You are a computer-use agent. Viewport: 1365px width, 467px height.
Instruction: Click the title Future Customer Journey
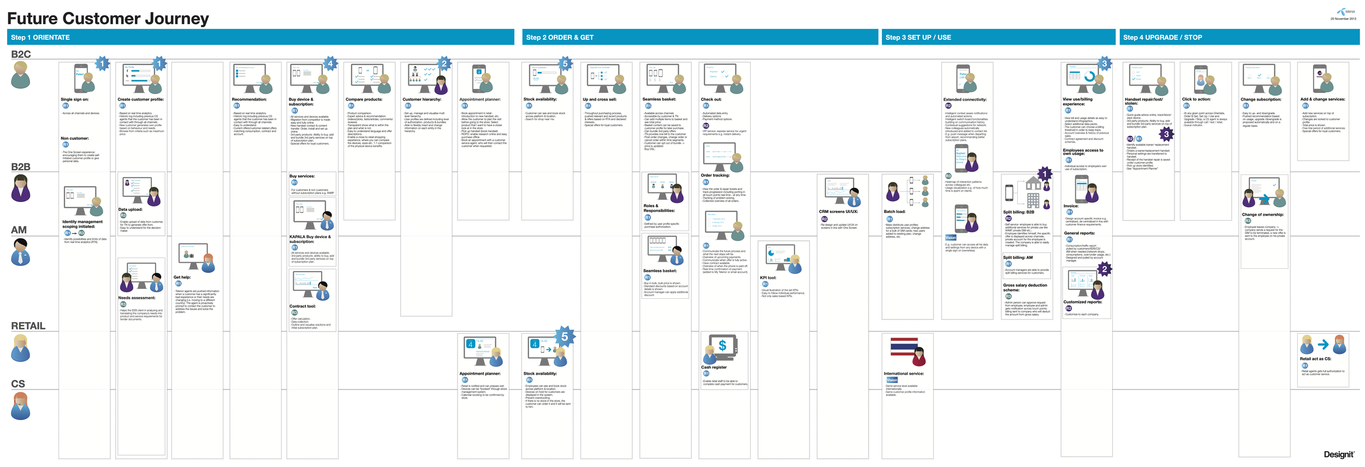point(108,19)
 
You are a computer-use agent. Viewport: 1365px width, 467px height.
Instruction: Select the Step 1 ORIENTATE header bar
point(260,37)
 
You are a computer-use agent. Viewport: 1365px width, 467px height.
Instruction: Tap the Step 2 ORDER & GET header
point(699,37)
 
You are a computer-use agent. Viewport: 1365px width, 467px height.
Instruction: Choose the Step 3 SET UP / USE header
point(998,37)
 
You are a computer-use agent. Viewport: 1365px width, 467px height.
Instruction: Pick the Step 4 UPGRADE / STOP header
point(1239,37)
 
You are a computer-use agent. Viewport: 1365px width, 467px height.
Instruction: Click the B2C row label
point(21,54)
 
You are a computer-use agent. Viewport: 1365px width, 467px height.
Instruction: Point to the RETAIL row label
point(28,326)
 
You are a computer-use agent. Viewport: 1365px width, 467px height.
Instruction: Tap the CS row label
point(18,384)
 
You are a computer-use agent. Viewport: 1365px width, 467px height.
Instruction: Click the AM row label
point(19,230)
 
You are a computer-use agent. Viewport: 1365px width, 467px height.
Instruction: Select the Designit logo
point(1339,454)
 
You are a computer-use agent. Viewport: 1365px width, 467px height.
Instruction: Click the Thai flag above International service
point(904,348)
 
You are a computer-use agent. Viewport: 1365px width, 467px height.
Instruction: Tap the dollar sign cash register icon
point(722,346)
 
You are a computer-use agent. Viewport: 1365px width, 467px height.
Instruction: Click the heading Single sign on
point(74,99)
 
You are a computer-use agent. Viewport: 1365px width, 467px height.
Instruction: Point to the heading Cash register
point(714,367)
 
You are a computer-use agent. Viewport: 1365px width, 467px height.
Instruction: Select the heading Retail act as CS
point(1315,359)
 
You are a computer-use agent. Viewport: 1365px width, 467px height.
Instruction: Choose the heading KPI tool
point(768,277)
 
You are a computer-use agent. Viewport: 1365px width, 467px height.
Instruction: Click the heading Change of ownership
point(1262,215)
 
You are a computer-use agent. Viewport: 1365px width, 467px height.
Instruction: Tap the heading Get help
point(182,277)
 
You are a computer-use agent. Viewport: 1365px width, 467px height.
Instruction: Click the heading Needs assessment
point(136,298)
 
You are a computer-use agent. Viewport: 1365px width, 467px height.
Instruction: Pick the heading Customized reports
point(1082,302)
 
